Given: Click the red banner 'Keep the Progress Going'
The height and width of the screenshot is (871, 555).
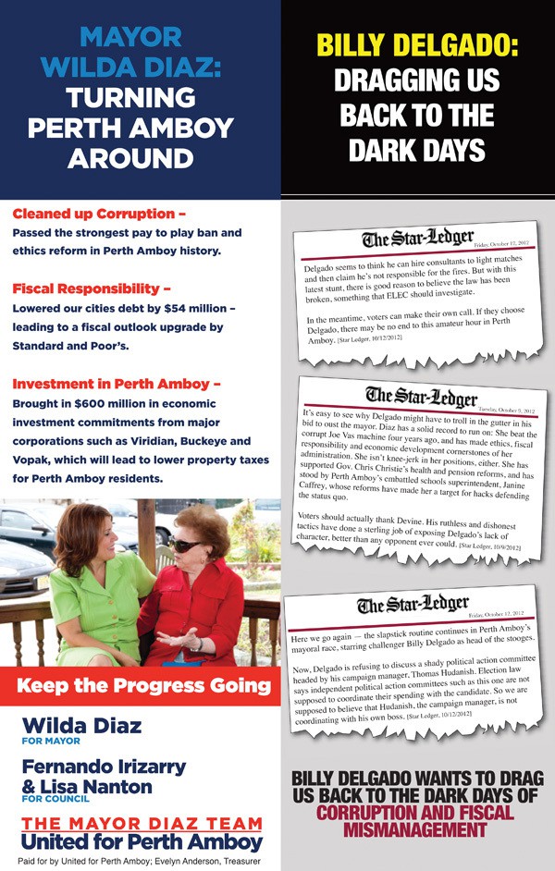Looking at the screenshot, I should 143,686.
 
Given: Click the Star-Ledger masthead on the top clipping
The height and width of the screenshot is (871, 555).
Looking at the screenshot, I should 418,239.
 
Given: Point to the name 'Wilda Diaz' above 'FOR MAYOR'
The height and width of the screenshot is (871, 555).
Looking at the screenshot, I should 81,725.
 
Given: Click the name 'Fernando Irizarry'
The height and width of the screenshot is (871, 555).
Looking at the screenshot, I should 104,767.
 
